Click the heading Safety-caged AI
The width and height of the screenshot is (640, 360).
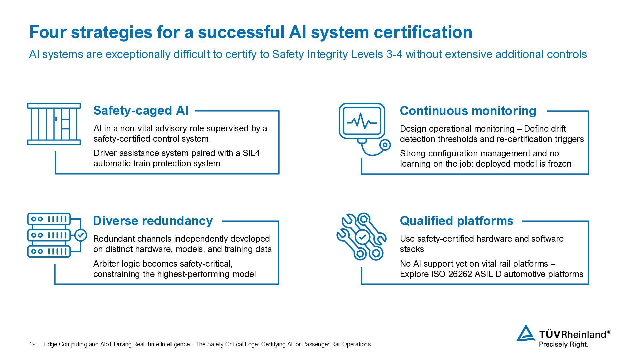pyautogui.click(x=141, y=111)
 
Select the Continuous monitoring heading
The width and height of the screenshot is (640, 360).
pyautogui.click(x=468, y=111)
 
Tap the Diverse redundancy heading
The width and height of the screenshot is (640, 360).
pyautogui.click(x=153, y=221)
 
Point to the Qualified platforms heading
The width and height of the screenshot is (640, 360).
pyautogui.click(x=456, y=221)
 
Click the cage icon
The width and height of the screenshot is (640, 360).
pyautogui.click(x=54, y=124)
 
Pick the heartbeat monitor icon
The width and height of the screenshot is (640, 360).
pyautogui.click(x=364, y=128)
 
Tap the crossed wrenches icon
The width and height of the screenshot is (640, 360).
pyautogui.click(x=362, y=236)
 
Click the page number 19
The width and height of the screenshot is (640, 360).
pyautogui.click(x=32, y=344)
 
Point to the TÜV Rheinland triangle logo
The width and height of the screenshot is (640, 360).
pyautogui.click(x=526, y=333)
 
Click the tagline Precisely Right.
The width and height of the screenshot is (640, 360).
pyautogui.click(x=563, y=344)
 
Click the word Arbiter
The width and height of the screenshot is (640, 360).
pyautogui.click(x=106, y=264)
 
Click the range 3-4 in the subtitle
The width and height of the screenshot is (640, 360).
pyautogui.click(x=394, y=54)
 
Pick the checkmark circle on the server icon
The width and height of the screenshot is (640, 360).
pyautogui.click(x=80, y=235)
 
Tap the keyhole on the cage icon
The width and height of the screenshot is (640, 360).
pyautogui.click(x=56, y=119)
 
